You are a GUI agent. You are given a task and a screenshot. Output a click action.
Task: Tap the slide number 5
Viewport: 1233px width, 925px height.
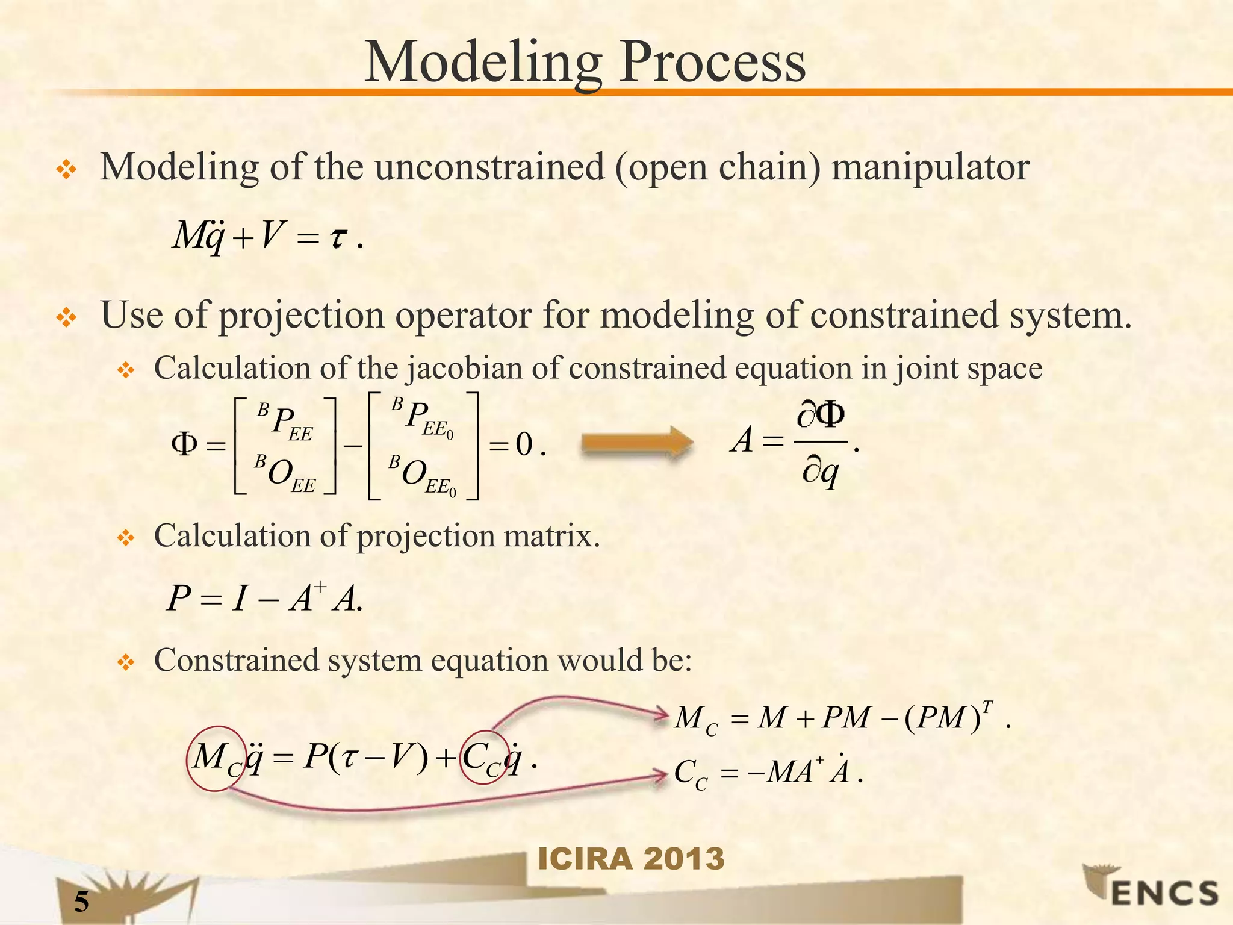[81, 902]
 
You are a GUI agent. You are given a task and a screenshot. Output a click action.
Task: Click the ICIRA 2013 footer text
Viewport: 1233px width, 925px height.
[631, 858]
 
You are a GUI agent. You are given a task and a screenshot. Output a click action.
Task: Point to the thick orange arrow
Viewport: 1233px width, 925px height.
[636, 444]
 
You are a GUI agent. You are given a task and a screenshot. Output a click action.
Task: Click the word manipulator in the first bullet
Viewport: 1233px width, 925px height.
[930, 167]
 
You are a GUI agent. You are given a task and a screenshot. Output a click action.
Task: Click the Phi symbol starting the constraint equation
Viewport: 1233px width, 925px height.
[184, 444]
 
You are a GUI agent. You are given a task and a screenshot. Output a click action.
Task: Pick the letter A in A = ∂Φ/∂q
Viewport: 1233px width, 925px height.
[742, 440]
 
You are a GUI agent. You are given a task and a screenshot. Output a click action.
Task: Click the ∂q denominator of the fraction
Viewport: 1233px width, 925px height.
[820, 474]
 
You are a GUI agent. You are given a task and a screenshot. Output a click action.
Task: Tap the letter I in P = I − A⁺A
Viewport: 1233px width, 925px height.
[240, 599]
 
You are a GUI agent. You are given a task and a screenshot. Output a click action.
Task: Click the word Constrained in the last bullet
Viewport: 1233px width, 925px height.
[237, 661]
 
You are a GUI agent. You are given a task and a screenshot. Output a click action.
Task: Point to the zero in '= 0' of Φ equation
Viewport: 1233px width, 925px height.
[524, 445]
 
